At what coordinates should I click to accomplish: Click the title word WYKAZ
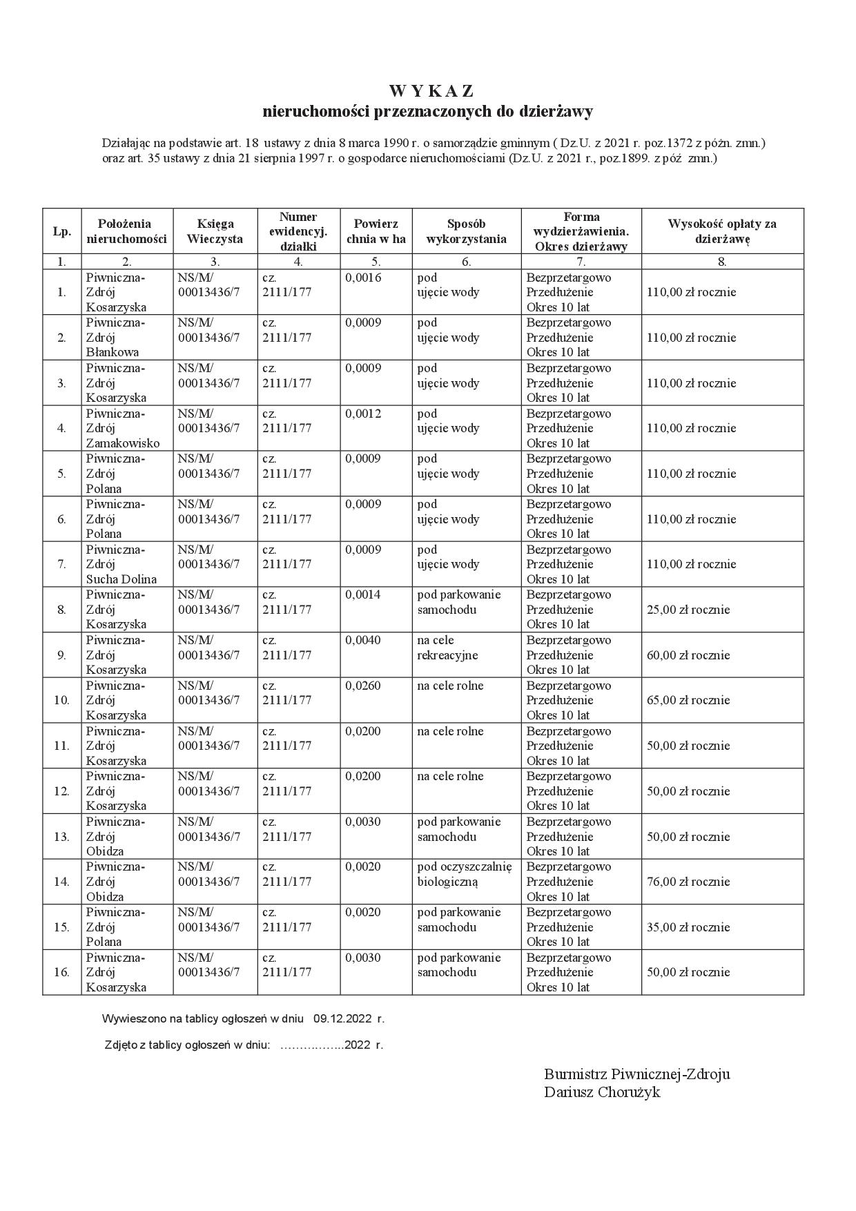(x=431, y=91)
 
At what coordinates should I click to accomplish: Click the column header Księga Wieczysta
(x=215, y=231)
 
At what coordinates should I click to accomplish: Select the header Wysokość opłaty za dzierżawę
(x=722, y=231)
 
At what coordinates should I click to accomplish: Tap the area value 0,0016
(x=363, y=278)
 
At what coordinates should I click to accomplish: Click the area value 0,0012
(x=363, y=414)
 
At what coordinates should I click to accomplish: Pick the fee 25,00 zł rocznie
(x=688, y=610)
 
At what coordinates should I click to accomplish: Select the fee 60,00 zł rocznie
(x=688, y=655)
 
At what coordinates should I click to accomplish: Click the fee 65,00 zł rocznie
(x=688, y=700)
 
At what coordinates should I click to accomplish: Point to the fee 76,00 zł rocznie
(x=688, y=882)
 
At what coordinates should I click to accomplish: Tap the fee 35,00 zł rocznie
(x=688, y=927)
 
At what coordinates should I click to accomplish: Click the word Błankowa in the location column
(x=113, y=352)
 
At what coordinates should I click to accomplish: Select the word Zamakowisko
(x=123, y=443)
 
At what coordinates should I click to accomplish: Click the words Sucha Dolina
(x=121, y=579)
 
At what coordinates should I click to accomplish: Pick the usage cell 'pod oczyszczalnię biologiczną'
(x=465, y=874)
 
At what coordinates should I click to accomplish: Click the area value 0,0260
(x=363, y=686)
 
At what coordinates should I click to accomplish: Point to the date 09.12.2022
(x=342, y=1018)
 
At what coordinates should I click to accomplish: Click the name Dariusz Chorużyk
(x=602, y=1092)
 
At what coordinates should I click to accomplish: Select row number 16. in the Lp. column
(x=61, y=972)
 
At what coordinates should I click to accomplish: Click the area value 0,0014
(x=363, y=594)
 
